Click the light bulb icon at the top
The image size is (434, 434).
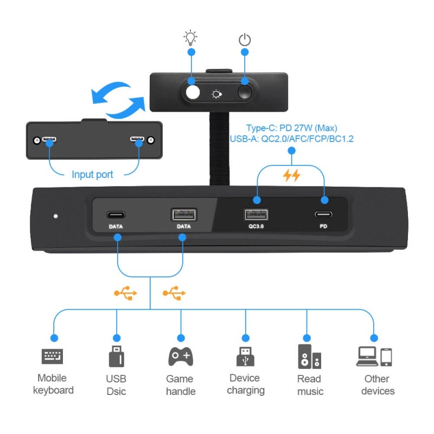[x=190, y=37]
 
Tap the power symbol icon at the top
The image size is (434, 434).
[x=245, y=39]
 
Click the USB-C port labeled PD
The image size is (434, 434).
[x=324, y=213]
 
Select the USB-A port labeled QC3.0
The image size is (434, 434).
[x=256, y=213]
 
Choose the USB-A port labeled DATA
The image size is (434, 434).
[x=184, y=214]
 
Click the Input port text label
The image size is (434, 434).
[x=92, y=175]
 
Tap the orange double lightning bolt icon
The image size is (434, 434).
[x=292, y=175]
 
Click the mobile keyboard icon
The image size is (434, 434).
[x=53, y=356]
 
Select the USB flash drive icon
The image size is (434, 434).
[x=116, y=356]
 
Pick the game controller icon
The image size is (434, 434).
[x=181, y=356]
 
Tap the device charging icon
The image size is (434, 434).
[x=245, y=356]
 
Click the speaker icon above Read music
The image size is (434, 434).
[x=309, y=356]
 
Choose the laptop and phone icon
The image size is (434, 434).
[x=374, y=356]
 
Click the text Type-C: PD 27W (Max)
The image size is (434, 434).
[x=292, y=128]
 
